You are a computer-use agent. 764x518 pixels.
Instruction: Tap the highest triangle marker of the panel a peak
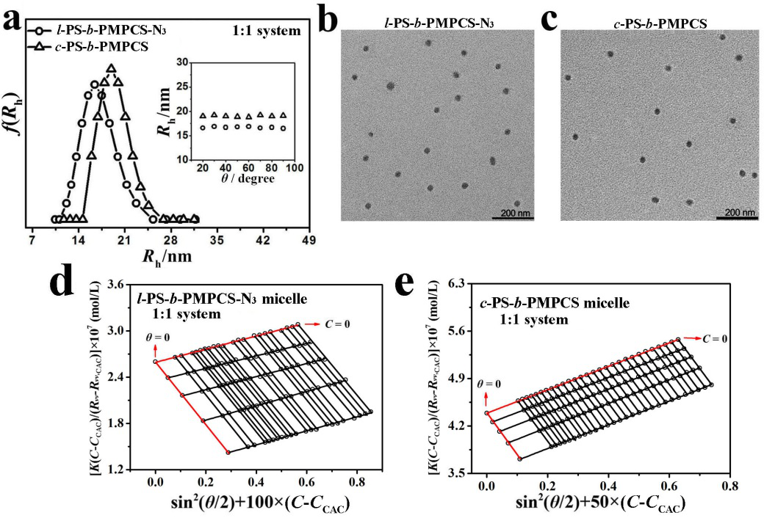(x=112, y=69)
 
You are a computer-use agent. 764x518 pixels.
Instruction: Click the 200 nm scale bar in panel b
(x=508, y=213)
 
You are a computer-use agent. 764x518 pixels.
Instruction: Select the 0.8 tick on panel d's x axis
(x=356, y=483)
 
